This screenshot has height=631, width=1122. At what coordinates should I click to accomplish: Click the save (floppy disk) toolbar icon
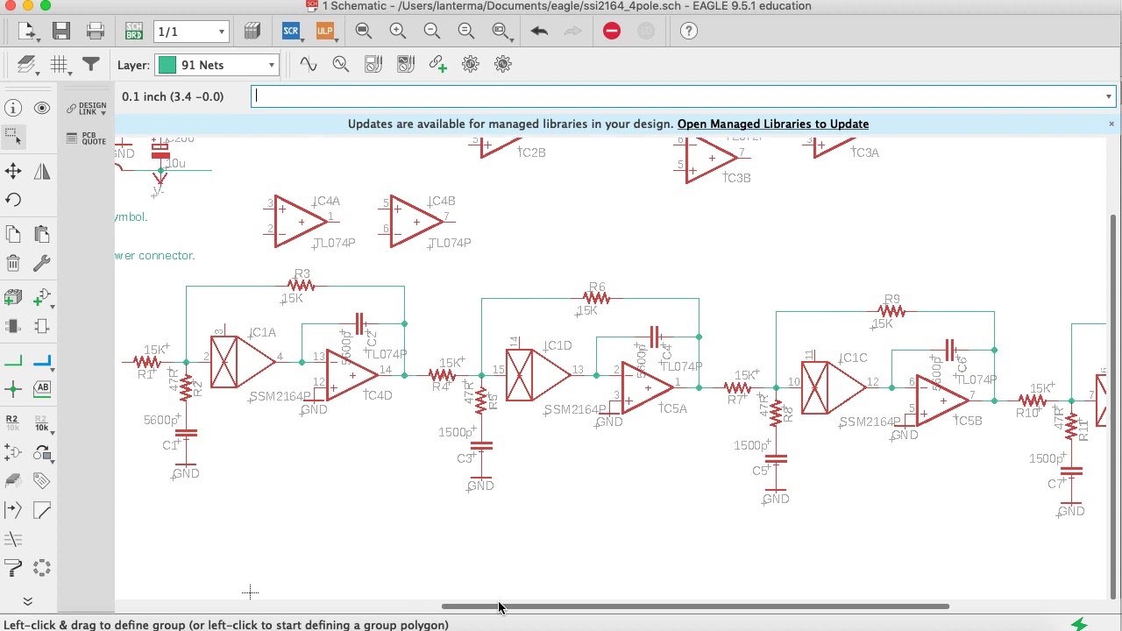coord(60,32)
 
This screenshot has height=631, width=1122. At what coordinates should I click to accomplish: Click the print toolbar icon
coord(96,32)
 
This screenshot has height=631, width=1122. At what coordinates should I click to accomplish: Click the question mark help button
coord(689,32)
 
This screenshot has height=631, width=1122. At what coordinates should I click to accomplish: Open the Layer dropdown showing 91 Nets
coord(217,65)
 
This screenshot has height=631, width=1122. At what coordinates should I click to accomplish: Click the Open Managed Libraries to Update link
coord(772,124)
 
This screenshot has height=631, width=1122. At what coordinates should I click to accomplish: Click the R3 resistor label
coord(302,273)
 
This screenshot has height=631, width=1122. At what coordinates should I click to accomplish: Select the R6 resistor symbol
coord(596,299)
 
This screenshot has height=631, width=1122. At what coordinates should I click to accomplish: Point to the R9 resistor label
coord(891,299)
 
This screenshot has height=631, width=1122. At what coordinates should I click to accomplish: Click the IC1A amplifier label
coord(263,333)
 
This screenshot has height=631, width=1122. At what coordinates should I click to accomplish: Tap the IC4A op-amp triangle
coord(299,222)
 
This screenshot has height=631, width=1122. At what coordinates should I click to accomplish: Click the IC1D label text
coord(558,345)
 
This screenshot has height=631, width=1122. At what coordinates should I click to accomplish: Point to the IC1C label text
coord(854,358)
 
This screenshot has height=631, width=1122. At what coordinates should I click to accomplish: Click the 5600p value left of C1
coord(161,421)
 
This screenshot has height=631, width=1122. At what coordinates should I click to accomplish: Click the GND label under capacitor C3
coord(480,486)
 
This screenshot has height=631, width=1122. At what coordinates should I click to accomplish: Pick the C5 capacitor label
coord(760,471)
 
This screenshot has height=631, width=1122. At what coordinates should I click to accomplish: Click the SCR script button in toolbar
coord(291,32)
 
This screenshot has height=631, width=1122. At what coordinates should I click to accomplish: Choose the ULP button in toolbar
coord(324,32)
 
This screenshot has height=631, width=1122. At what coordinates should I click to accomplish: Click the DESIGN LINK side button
coord(87,109)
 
